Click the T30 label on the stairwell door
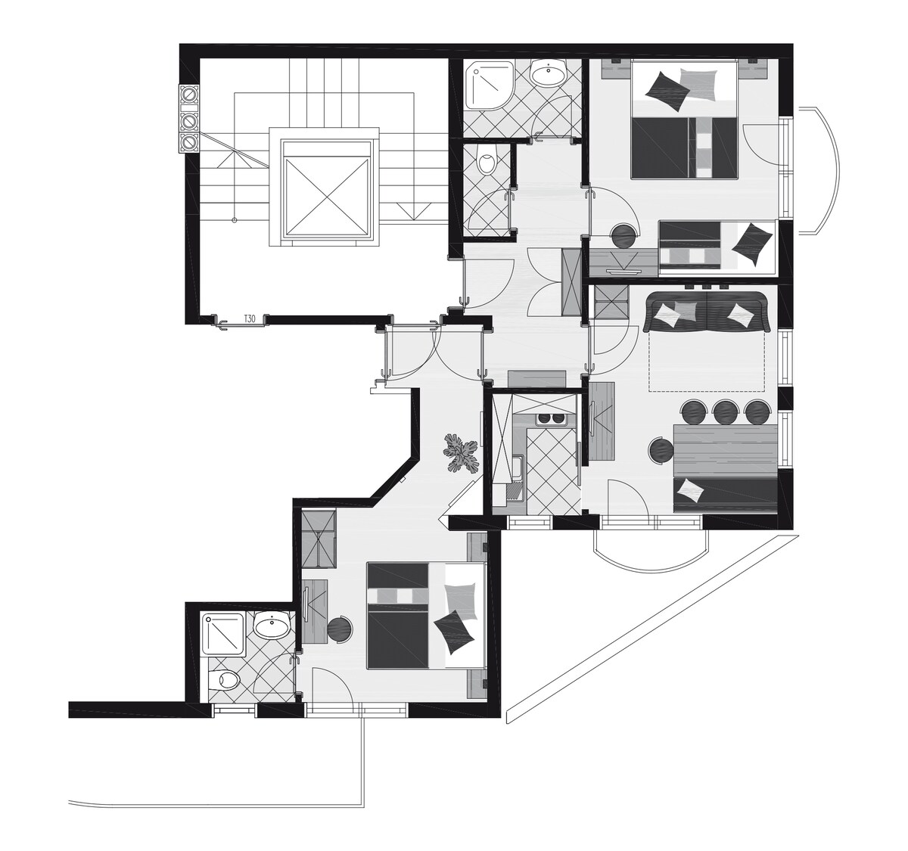pyautogui.click(x=249, y=318)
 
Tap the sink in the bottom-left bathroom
pyautogui.click(x=272, y=625)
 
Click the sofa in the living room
pyautogui.click(x=707, y=312)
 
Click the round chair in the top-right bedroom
pyautogui.click(x=624, y=237)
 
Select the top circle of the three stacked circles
pyautogui.click(x=189, y=95)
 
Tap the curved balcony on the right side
pyautogui.click(x=819, y=170)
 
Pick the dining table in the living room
pyautogui.click(x=725, y=450)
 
